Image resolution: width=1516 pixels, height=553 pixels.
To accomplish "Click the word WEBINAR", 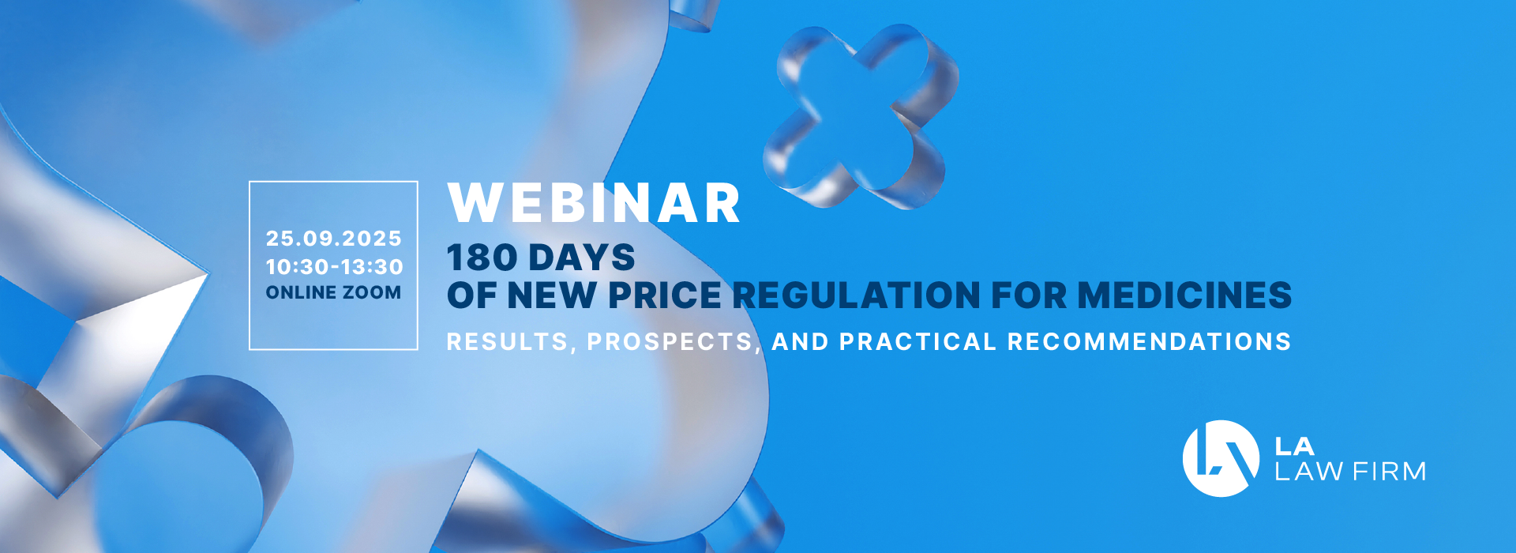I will point(594,204).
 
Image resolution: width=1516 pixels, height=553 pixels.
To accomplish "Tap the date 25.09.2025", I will point(334,238).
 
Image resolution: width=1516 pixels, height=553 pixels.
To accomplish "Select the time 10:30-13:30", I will point(334,266).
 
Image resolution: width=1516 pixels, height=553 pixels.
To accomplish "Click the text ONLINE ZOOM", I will point(333,292).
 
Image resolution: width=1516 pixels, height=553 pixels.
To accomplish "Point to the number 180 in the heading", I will point(482,258).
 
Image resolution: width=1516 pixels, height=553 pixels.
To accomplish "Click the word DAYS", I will point(582,258).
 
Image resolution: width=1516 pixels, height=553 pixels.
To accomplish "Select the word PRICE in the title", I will point(665,295).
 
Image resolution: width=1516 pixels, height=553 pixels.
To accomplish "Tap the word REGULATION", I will point(857,295).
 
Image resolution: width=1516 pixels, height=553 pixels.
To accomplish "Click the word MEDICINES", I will point(1184,295).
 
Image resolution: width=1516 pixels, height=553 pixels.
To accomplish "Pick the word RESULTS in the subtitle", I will point(507,342).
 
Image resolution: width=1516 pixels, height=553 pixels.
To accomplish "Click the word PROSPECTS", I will point(670,342).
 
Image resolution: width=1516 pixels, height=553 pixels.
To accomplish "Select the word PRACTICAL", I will point(917,342).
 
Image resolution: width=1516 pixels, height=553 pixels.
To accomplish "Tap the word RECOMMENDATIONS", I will point(1149,342).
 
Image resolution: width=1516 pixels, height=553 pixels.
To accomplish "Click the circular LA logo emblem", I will point(1221,458).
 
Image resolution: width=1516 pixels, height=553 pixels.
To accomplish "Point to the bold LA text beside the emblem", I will point(1295,446).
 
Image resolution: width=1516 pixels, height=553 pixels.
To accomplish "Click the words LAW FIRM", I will point(1350,472).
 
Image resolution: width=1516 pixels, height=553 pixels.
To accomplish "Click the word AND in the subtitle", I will point(800,342).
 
